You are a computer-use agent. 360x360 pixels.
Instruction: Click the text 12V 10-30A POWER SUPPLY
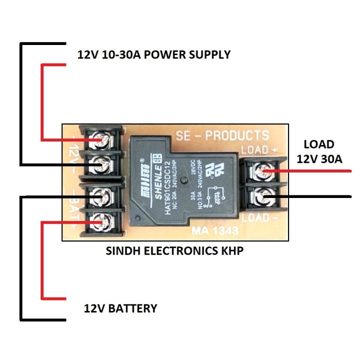tap(154, 54)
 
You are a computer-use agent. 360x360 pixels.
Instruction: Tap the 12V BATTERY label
tap(120, 308)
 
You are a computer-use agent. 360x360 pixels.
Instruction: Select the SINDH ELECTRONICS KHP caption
tap(174, 251)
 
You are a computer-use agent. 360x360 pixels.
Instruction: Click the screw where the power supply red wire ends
tap(103, 139)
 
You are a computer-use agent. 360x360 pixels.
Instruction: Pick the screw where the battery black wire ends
tap(103, 196)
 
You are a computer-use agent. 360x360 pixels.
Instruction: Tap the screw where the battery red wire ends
tap(103, 220)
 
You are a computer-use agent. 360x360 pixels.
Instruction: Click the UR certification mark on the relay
tap(216, 170)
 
